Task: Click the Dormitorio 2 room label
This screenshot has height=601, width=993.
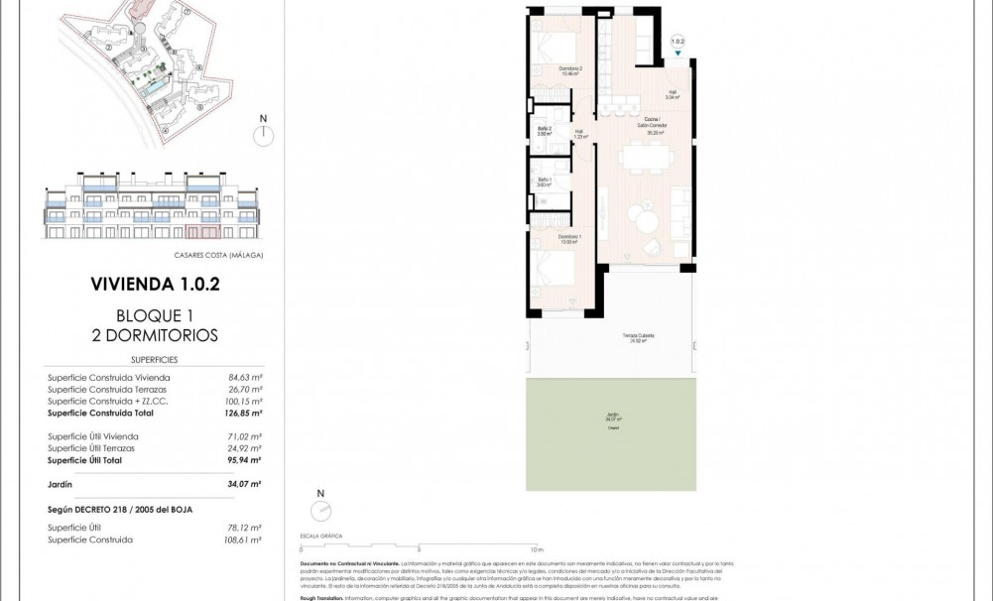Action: point(542,71)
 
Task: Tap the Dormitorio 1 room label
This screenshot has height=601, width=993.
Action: point(541,239)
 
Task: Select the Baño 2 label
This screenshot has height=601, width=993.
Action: point(544,131)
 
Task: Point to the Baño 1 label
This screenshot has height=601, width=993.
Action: point(544,181)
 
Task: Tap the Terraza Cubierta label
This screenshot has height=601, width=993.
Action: point(638,338)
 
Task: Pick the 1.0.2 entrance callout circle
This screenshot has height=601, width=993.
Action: point(678,42)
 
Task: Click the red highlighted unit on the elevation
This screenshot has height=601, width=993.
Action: point(203,232)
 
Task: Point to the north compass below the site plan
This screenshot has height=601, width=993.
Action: point(263,134)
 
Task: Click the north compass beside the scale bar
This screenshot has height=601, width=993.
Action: point(320,510)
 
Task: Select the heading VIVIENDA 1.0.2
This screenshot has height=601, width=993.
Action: point(154,284)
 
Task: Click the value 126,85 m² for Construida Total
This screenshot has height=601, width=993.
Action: point(243,414)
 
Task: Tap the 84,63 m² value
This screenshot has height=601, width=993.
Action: point(243,378)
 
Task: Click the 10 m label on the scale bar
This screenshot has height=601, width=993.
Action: point(537,548)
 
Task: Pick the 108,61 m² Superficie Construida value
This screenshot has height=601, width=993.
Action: point(243,541)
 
